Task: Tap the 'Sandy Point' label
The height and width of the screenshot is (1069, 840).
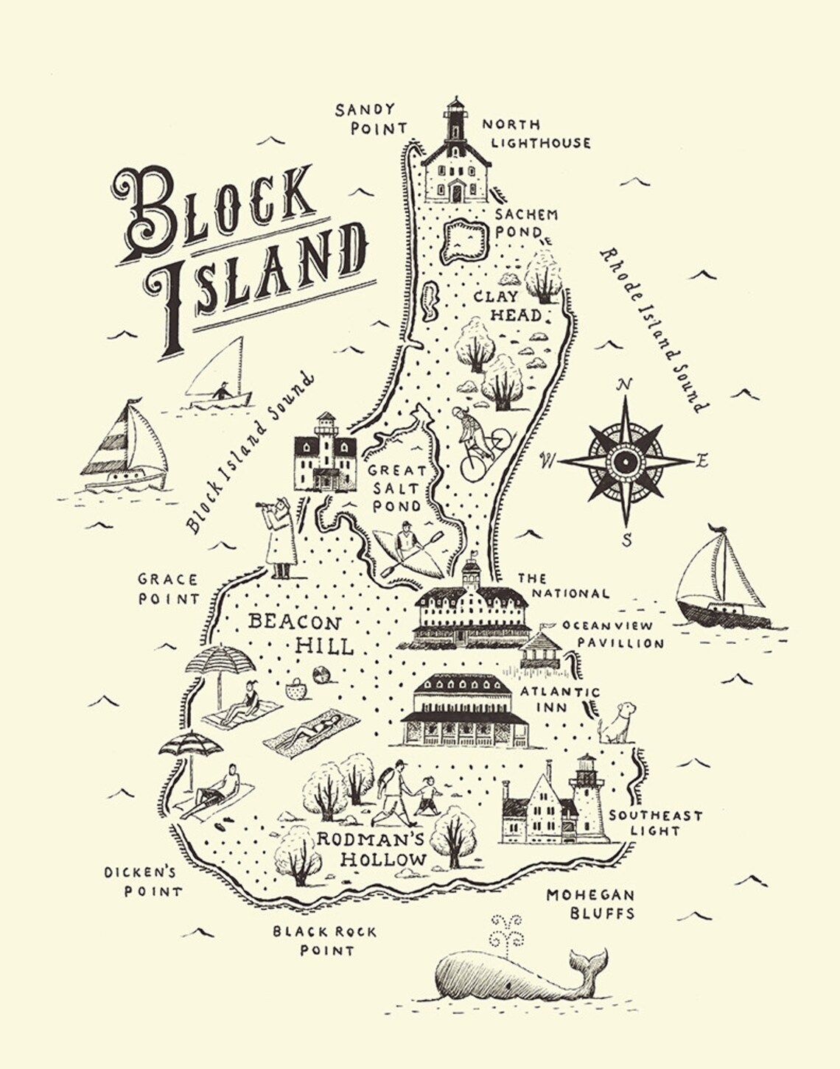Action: (370, 119)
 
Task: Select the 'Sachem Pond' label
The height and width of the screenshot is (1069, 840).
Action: (526, 222)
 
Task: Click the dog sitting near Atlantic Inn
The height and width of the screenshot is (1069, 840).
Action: (617, 722)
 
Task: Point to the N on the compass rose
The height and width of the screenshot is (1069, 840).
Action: (625, 384)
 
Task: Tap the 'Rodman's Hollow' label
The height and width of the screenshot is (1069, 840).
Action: (382, 849)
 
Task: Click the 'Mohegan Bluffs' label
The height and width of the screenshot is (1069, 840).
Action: (590, 904)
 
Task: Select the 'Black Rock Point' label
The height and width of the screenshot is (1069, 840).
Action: (325, 941)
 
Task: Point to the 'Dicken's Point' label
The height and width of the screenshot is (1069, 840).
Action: (141, 882)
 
